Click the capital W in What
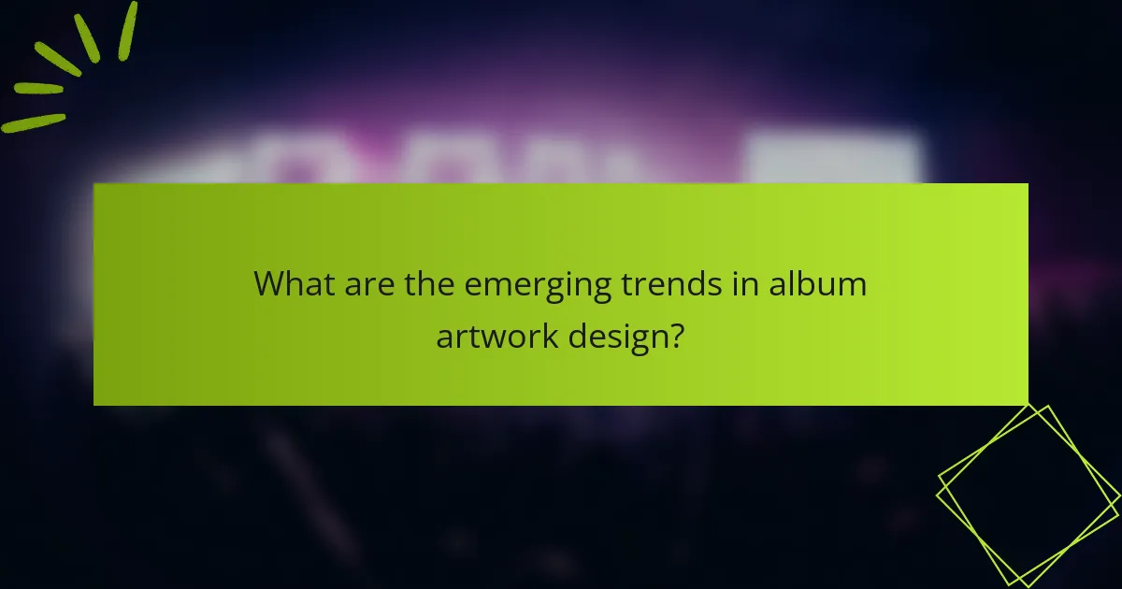pyautogui.click(x=272, y=284)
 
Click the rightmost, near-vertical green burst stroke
pyautogui.click(x=128, y=30)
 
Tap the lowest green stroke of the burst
pyautogui.click(x=34, y=122)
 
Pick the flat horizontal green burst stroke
pyautogui.click(x=38, y=89)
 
